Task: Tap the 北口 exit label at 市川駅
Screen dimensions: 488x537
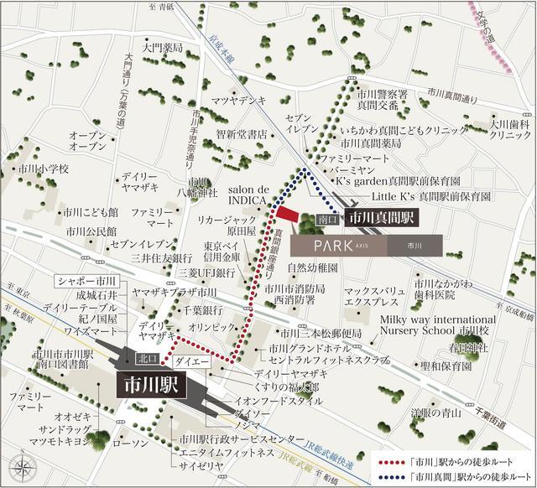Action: [147, 360]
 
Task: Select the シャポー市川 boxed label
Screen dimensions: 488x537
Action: [88, 281]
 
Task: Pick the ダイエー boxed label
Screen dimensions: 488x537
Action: [191, 361]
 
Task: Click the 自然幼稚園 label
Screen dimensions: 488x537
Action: [312, 268]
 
